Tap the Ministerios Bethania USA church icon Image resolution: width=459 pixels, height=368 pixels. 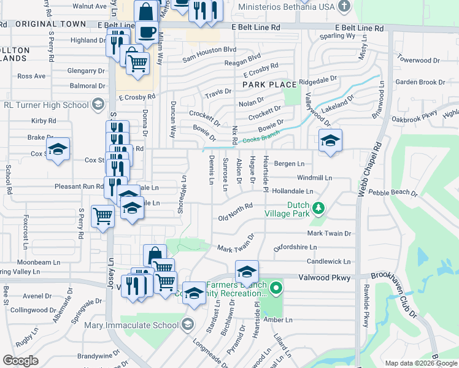pyautogui.click(x=345, y=6)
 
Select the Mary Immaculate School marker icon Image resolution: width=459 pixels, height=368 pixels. pyautogui.click(x=188, y=323)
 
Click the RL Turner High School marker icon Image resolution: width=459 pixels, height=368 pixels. pyautogui.click(x=97, y=105)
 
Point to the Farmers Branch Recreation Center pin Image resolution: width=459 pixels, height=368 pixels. pyautogui.click(x=276, y=287)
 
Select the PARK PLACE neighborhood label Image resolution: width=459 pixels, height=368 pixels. pyautogui.click(x=269, y=84)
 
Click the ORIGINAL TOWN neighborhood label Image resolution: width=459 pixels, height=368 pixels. pyautogui.click(x=50, y=25)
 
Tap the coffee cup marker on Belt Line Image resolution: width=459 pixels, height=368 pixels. pyautogui.click(x=146, y=31)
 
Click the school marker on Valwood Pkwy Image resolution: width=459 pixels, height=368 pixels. pyautogui.click(x=247, y=272)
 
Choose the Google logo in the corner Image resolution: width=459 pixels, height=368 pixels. pyautogui.click(x=20, y=360)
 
